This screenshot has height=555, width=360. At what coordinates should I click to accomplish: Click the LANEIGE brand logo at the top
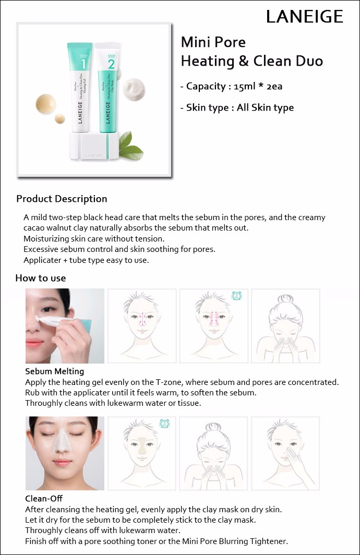click(304, 17)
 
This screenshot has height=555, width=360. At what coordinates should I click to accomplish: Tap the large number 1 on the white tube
click(83, 64)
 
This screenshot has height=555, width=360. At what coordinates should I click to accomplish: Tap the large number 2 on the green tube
click(111, 64)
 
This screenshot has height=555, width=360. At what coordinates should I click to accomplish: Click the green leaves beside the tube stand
click(131, 145)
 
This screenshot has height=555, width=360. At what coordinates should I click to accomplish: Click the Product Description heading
click(62, 199)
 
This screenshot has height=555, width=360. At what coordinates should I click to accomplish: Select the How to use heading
click(40, 278)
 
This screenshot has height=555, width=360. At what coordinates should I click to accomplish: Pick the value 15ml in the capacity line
click(244, 87)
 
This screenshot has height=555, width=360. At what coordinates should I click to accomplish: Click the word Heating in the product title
click(208, 61)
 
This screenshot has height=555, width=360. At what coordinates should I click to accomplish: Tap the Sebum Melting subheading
click(54, 371)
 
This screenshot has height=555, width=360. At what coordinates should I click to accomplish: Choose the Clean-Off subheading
click(43, 498)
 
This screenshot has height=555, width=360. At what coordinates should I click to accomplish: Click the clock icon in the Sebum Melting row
click(236, 296)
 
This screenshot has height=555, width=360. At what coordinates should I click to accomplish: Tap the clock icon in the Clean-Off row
click(164, 423)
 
